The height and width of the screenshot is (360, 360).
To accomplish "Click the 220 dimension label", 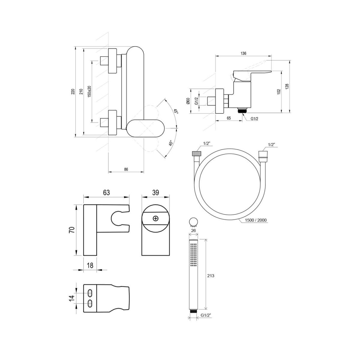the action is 73,91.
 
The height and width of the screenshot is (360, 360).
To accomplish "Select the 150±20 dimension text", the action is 89,91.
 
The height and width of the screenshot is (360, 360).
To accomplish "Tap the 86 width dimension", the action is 126,169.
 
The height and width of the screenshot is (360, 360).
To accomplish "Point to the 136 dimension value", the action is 243,53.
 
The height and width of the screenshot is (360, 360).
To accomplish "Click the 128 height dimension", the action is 287,86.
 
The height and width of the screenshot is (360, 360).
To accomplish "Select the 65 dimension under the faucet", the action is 229,118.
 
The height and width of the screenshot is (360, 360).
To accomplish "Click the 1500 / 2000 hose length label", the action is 256,220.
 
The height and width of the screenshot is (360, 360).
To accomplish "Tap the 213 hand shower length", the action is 211,276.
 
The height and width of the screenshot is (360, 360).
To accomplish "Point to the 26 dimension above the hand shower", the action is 193,230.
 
